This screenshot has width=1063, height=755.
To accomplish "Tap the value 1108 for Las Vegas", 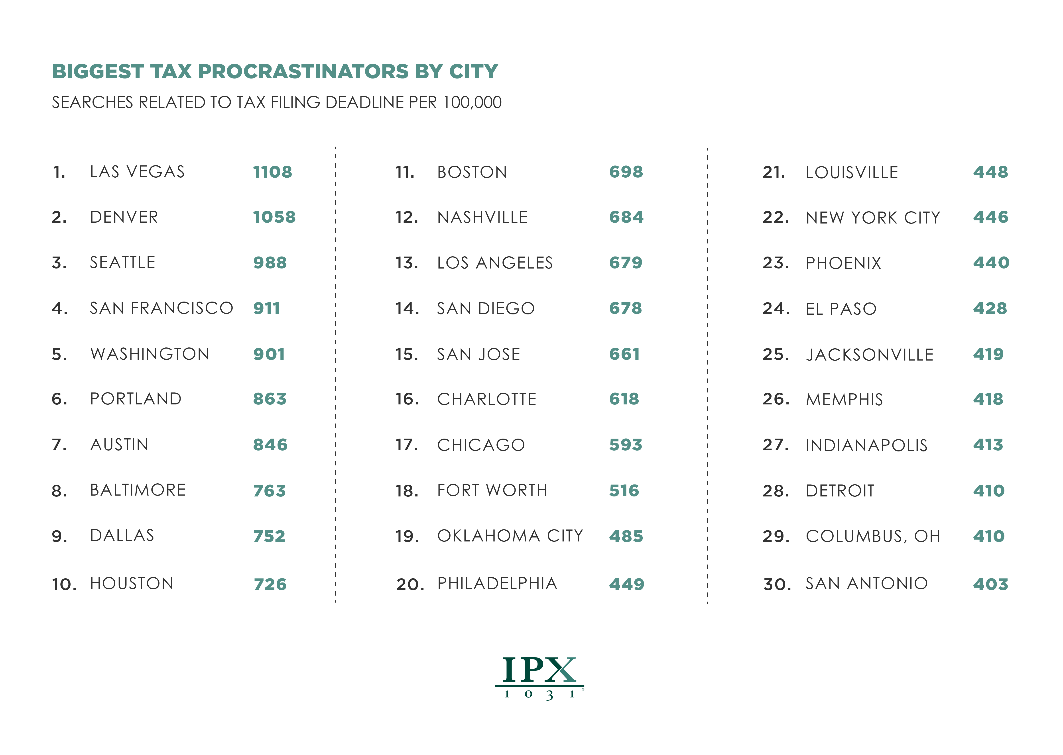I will (272, 172).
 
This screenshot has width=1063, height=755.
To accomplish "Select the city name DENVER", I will (124, 217).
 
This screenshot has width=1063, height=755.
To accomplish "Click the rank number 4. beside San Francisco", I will (59, 308).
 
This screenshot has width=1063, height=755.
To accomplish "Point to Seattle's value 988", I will (270, 263).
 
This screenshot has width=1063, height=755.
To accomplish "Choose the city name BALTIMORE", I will (138, 490).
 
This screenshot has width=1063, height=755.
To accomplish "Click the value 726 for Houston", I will (270, 584).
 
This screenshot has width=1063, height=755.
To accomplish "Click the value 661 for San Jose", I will (624, 354).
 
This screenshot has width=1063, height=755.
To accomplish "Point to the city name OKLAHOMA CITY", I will (510, 536).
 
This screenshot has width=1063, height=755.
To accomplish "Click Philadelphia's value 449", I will (626, 584).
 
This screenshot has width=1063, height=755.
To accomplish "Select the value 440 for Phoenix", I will (991, 263).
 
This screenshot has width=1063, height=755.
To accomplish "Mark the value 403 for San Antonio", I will (990, 584).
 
